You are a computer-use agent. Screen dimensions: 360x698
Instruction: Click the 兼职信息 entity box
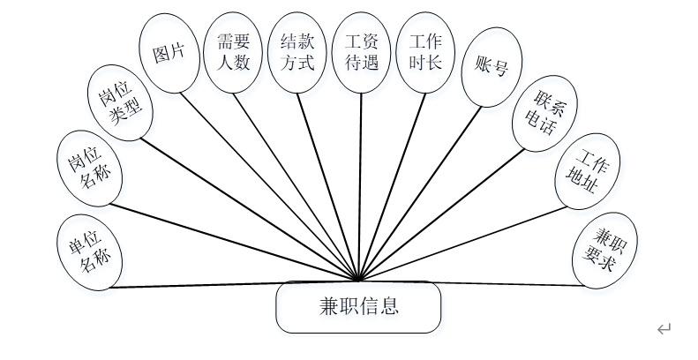point(358,307)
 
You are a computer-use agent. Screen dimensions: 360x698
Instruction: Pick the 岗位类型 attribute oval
point(122,105)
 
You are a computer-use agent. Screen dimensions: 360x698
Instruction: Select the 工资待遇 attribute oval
point(362,52)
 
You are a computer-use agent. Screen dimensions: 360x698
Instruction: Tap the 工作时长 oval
point(426,52)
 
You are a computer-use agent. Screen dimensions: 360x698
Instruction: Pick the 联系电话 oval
point(543,115)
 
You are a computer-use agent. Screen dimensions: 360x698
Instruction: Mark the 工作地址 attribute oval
point(588,172)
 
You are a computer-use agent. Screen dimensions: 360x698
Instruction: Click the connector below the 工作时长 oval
point(393,176)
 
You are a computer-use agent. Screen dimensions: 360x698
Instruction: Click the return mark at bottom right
point(664,330)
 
